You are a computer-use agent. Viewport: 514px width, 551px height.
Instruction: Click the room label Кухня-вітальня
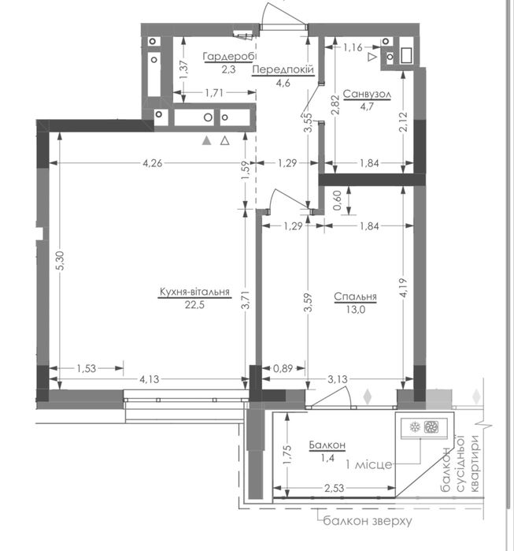coord(194,292)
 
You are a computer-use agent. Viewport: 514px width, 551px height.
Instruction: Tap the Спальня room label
coord(355,296)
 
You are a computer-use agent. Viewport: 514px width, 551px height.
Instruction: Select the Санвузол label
coord(367,94)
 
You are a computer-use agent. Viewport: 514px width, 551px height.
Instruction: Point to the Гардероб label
coord(230,56)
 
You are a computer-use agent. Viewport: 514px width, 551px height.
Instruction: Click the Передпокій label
coord(283,69)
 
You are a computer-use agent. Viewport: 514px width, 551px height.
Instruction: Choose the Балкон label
coord(327,445)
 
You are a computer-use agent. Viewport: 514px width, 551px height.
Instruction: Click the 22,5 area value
coord(194,305)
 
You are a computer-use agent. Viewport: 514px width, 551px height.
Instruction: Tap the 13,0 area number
coord(356,310)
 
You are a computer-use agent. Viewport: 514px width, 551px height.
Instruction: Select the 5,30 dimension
coord(61,261)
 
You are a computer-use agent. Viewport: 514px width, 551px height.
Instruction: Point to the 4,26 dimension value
coord(152,163)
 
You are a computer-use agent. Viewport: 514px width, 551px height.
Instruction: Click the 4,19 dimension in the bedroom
coord(404,288)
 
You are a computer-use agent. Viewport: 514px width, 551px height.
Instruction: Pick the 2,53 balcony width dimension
coord(334,488)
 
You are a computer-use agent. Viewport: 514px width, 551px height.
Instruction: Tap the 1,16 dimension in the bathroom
coord(353,47)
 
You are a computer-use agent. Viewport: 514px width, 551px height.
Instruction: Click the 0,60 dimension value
coord(338,200)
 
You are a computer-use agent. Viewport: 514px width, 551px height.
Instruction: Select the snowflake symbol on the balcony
coord(415,427)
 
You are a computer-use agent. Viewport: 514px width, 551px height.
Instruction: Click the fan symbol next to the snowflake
coord(430,427)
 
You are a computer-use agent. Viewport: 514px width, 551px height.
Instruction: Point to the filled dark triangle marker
coord(207,141)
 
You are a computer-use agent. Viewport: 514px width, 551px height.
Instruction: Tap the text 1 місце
coord(368,464)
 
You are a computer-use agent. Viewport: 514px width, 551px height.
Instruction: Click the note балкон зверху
coord(368,520)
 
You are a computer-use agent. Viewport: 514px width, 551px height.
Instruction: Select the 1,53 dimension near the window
coord(87,368)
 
